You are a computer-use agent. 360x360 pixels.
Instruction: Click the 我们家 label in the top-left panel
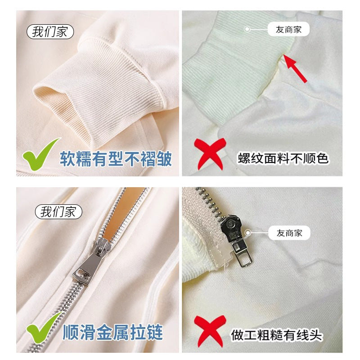(50, 32)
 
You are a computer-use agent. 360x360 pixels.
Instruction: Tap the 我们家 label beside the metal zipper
(58, 211)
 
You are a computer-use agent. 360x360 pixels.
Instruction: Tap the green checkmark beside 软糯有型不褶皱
(40, 153)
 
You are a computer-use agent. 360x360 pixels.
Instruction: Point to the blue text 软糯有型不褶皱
(116, 158)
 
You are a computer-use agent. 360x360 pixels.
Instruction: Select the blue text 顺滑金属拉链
(112, 334)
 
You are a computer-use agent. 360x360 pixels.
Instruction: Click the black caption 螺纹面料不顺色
(283, 158)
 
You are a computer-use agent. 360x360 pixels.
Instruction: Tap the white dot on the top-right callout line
(247, 30)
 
